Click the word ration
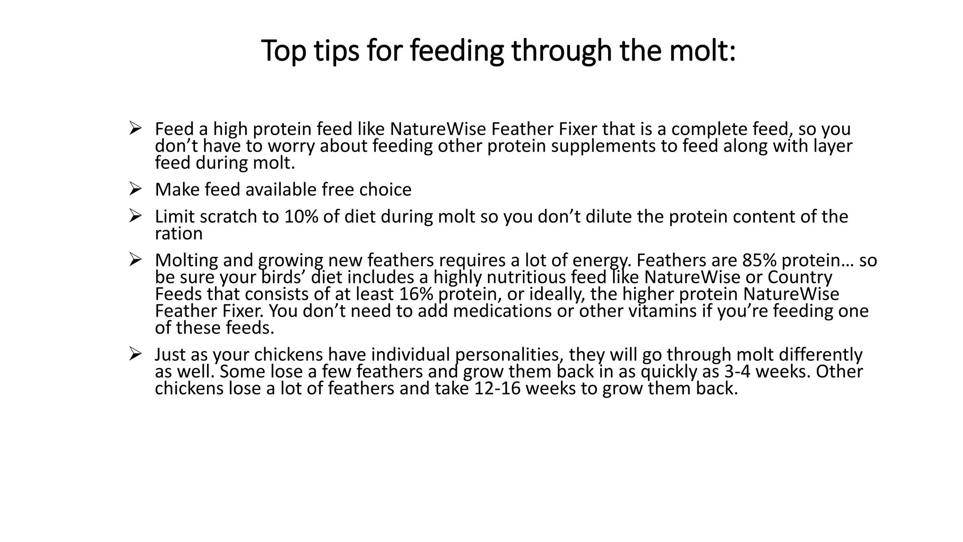(179, 234)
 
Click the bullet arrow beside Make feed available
(135, 189)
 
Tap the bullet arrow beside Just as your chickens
(135, 354)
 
